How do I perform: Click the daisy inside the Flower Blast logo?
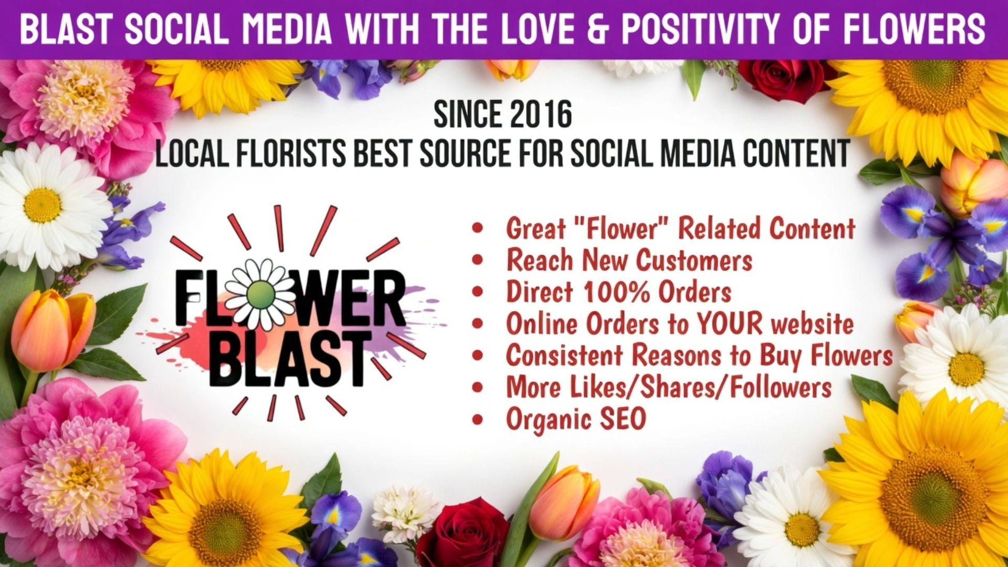[260, 294]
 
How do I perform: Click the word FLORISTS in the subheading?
[291, 153]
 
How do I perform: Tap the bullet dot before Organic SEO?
[477, 419]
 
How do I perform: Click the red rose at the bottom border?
[463, 534]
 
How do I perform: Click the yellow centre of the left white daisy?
[42, 205]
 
